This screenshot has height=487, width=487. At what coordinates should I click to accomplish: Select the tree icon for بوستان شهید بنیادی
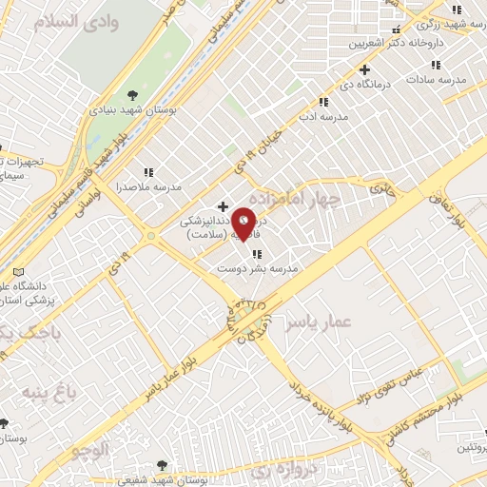(132, 94)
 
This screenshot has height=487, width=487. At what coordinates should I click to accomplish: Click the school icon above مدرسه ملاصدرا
(147, 172)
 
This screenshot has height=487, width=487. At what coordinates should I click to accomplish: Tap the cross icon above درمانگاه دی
(364, 69)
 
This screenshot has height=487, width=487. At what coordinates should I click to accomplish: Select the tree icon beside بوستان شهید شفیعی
(161, 465)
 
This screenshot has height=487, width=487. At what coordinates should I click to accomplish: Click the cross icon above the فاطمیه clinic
(223, 205)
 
